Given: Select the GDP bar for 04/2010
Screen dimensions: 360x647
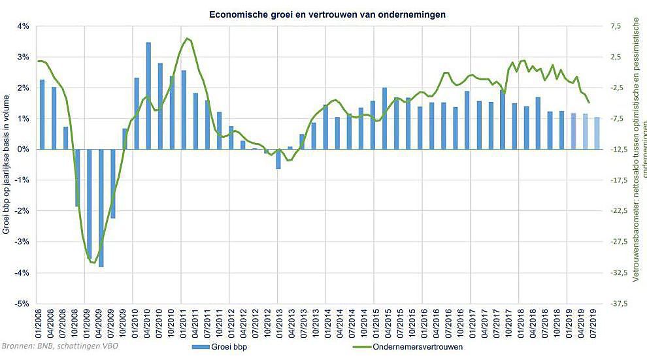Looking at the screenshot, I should pos(149,95).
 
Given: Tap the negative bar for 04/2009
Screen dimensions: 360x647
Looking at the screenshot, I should pos(101,208).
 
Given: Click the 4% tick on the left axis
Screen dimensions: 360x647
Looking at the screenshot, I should pos(23,26).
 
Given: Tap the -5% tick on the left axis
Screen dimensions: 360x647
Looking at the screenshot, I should pos(22,304).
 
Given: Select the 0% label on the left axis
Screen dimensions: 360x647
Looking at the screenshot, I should pos(23,150).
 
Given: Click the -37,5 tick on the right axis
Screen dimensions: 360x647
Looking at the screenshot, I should pos(618,304).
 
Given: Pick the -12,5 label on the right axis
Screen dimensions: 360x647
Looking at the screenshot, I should pos(618,150).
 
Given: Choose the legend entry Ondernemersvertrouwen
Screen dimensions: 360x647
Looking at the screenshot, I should pos(412,347).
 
